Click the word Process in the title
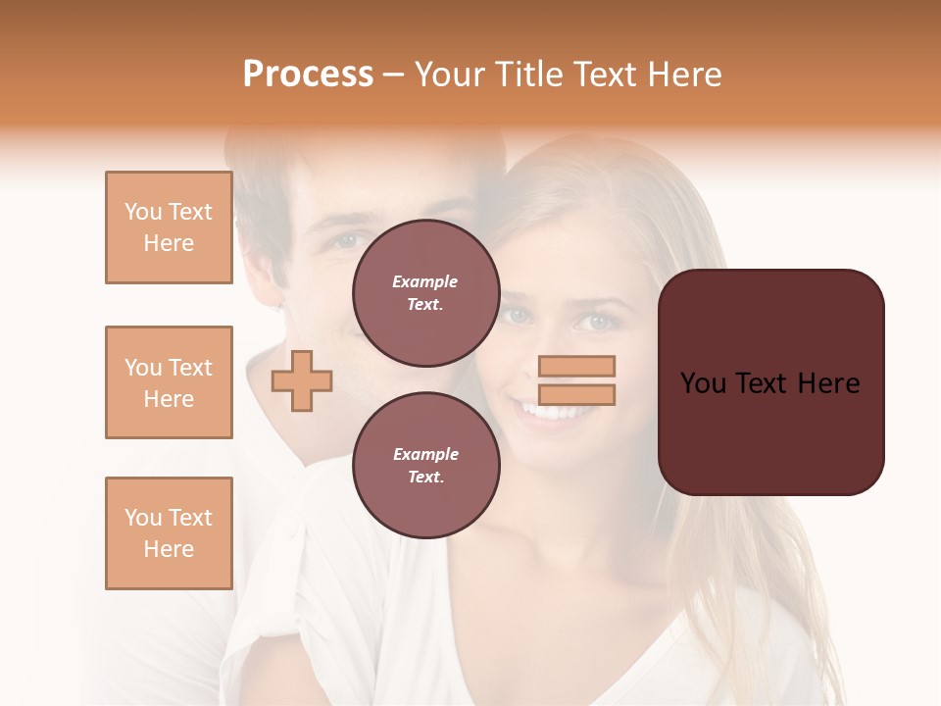click(308, 75)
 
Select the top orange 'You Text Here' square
click(169, 227)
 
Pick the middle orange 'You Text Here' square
click(169, 382)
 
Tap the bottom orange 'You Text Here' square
click(169, 533)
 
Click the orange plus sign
click(302, 380)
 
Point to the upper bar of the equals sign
click(577, 366)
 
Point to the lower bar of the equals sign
click(577, 394)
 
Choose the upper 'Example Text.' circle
click(425, 293)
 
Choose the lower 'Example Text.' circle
click(425, 465)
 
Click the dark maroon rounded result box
click(770, 381)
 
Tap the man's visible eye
click(346, 240)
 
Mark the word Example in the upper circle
click(425, 282)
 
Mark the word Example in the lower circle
click(425, 454)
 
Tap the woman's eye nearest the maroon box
click(593, 322)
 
